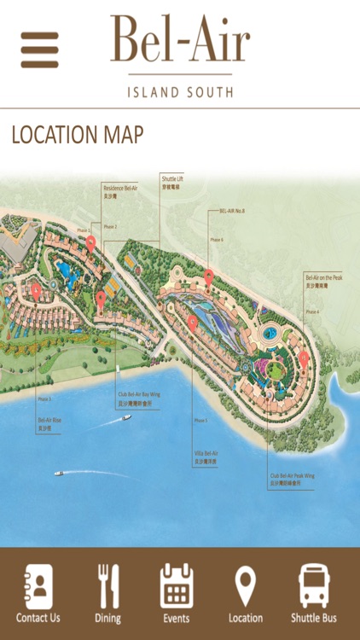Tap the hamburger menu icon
point(39,49)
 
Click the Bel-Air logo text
point(179,40)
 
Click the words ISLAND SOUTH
point(179,91)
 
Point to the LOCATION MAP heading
point(78,135)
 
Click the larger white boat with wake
point(126,418)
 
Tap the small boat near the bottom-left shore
point(59,472)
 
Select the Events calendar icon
point(177,587)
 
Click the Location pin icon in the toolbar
point(246,587)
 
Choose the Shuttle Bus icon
point(314,587)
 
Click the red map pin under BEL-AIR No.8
point(209,276)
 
